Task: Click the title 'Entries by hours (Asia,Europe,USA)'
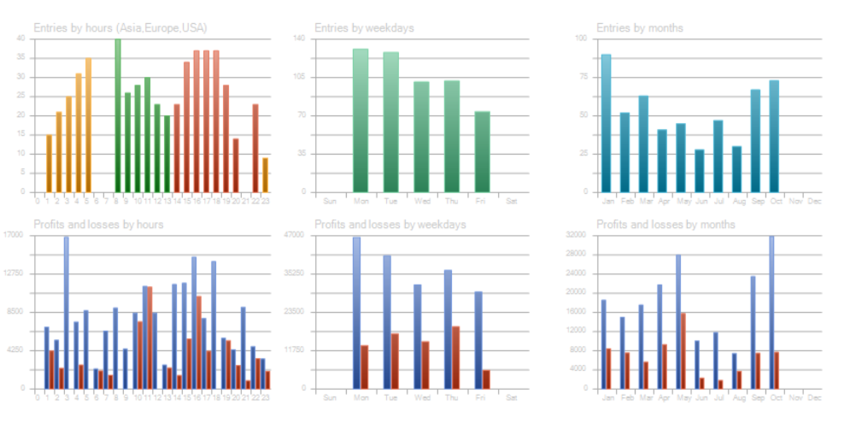(x=120, y=27)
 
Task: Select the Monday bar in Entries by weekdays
(x=361, y=120)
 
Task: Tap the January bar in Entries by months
(x=606, y=123)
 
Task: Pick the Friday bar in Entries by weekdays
(x=483, y=151)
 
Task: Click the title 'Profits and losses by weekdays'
(x=390, y=225)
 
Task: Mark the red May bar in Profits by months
(x=683, y=350)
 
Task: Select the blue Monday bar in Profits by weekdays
(x=356, y=313)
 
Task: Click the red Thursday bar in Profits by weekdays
(x=456, y=357)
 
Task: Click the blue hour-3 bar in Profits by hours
(x=67, y=313)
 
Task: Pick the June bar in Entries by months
(x=700, y=171)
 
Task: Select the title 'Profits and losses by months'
(x=665, y=225)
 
